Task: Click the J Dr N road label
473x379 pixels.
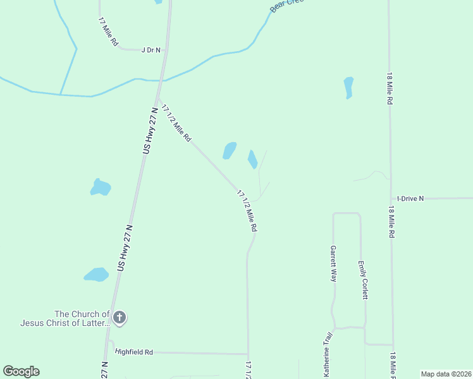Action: [151, 49]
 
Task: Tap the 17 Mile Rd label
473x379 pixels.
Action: [108, 31]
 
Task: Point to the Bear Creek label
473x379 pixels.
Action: [286, 5]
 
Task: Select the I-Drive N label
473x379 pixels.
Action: [411, 198]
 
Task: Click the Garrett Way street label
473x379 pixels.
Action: [333, 263]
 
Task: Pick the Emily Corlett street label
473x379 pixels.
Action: [363, 280]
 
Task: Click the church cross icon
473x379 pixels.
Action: [120, 318]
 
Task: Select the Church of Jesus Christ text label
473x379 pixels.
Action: [65, 318]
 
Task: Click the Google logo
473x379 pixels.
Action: [21, 371]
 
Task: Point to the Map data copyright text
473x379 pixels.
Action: [445, 374]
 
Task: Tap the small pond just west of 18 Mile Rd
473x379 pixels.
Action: [348, 87]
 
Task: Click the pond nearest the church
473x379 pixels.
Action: [97, 274]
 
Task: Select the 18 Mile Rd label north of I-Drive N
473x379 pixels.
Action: [391, 88]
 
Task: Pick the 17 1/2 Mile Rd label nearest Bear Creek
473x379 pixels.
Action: [176, 122]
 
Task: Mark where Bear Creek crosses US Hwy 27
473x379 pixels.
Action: [163, 81]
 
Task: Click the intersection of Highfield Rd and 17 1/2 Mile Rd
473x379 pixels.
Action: [248, 354]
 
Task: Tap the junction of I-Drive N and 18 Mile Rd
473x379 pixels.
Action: [391, 198]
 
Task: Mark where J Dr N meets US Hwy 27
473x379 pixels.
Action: [166, 50]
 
